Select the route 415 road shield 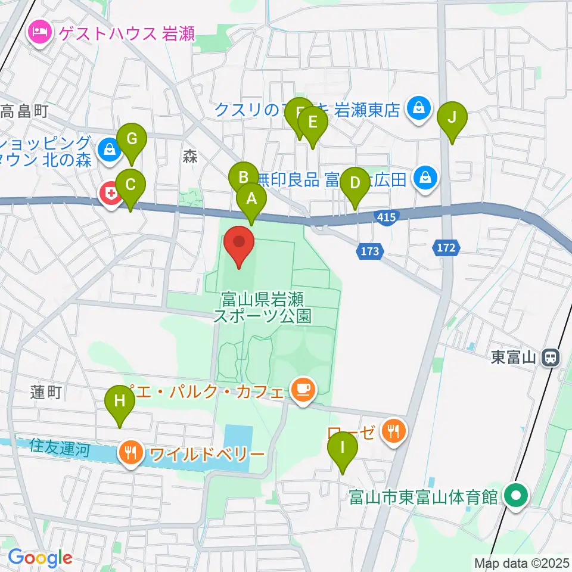point(387,217)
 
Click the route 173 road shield point(370,251)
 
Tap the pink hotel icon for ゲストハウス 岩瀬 point(40,30)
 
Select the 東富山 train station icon point(551,357)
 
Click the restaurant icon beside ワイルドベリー point(131,453)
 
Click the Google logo point(40,558)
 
